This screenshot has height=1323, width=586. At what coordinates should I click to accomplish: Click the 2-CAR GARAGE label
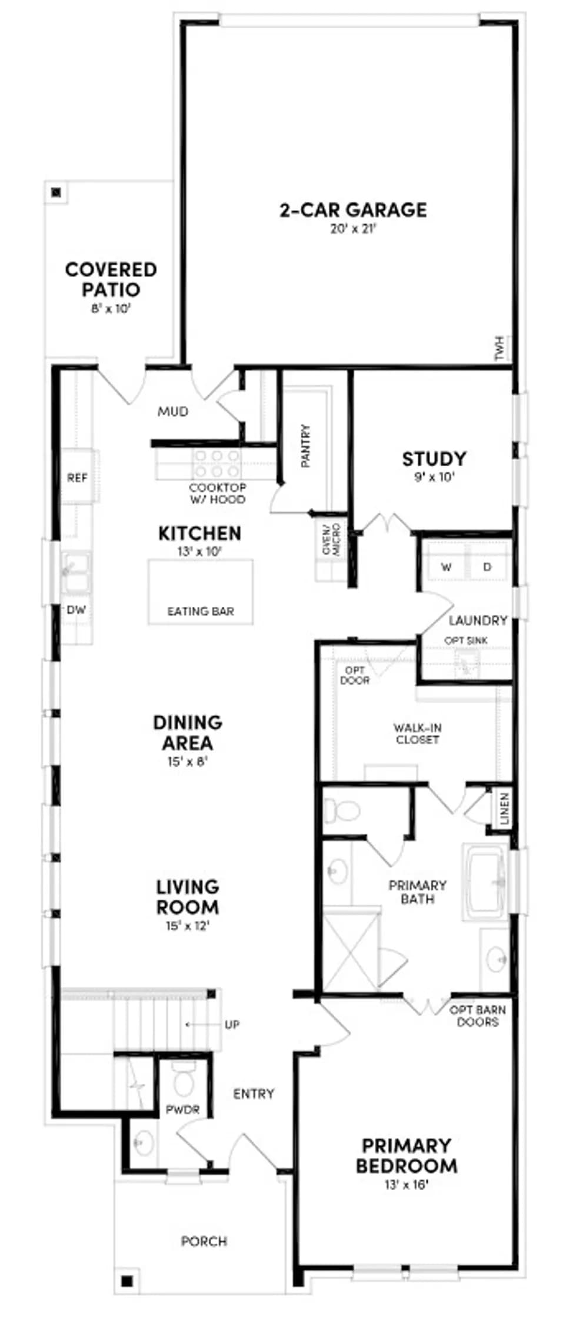pos(353,210)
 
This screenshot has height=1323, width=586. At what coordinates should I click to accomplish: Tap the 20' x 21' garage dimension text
pos(353,229)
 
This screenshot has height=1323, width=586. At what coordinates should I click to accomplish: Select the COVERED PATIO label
pos(111,279)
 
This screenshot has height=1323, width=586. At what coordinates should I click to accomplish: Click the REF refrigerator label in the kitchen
pos(77,478)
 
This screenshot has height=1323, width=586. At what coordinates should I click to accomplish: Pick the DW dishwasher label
pos(76,610)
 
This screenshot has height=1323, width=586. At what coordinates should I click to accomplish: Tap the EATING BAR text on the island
pos(201,612)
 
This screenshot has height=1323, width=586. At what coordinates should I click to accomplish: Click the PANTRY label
pos(305,446)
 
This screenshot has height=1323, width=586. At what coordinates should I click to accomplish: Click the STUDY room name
pos(434,459)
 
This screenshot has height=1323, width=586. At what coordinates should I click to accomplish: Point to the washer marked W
pos(447,567)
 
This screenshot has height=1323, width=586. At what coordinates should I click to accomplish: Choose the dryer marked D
pos(487,567)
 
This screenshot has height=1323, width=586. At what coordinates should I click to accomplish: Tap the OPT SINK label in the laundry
pos(466,640)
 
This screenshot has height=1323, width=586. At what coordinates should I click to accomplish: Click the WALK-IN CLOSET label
pos(417,734)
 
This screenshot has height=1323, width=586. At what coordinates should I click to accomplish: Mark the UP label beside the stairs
pos(232,1025)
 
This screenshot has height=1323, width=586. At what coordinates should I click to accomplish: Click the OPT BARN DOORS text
pos(478,1016)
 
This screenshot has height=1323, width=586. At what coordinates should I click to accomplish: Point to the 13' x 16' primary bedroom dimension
pos(406,1184)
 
